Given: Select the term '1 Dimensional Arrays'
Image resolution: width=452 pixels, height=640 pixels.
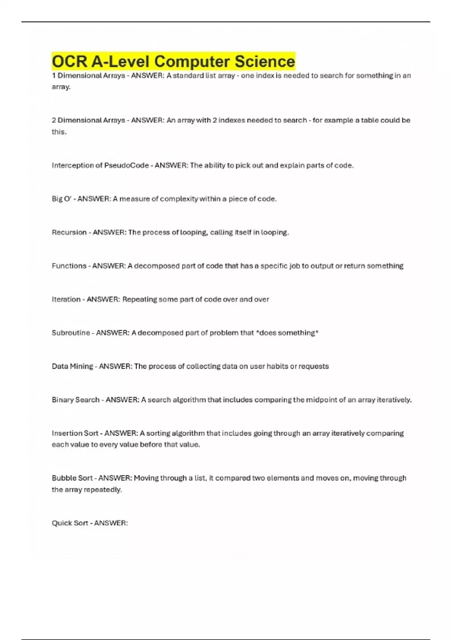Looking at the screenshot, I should coord(88,76).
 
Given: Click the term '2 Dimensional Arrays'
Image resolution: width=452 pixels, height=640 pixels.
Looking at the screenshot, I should coord(88,120).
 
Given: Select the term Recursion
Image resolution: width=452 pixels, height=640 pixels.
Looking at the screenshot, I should coord(69,232).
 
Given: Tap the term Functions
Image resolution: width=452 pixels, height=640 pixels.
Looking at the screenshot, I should coord(69,266).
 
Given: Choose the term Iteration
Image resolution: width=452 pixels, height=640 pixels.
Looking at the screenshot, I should coord(66,299).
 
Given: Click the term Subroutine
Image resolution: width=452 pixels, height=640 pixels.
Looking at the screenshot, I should coord(71,333).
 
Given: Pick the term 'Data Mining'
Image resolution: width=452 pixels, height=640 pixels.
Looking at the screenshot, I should coord(72,366).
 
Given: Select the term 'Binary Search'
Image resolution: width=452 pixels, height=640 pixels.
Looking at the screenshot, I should coord(75,400).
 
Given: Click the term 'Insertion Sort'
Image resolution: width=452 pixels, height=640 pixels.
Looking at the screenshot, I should coord(75,433).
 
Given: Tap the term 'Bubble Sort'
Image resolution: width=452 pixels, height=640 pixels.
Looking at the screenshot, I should coord(72,478).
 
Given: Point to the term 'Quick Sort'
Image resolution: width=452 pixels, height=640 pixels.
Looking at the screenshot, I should coord(70,523).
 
